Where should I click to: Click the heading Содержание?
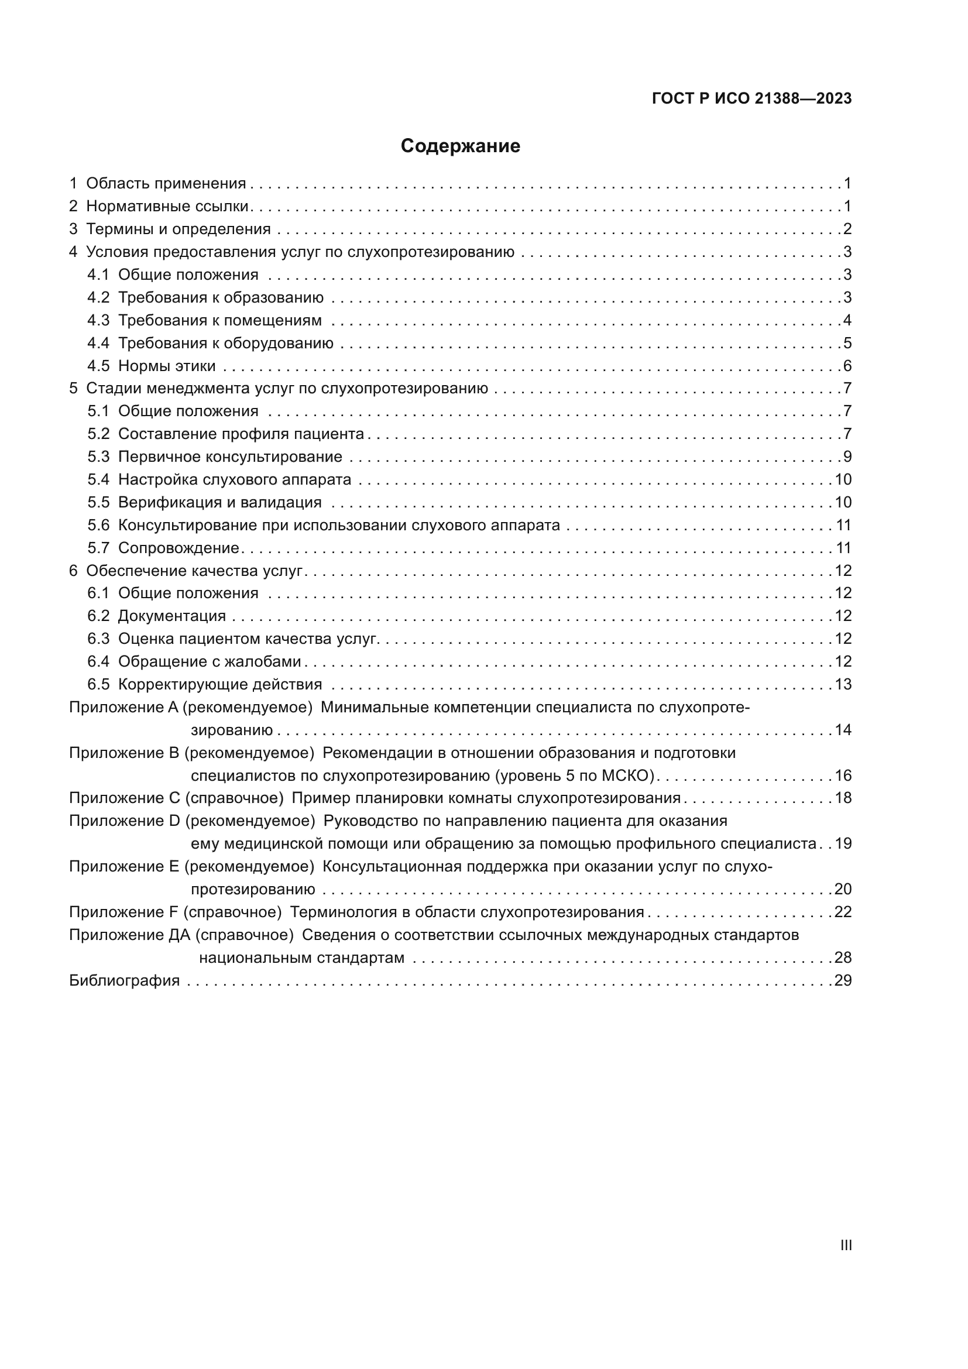point(459,146)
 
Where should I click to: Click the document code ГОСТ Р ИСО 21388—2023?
point(751,98)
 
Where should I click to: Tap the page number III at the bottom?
point(845,1245)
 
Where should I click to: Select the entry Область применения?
point(166,184)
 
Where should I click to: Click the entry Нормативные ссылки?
point(167,206)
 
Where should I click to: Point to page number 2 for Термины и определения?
point(847,229)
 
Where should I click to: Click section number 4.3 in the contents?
point(98,320)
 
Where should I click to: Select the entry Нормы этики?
point(166,365)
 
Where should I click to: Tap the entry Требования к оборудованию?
point(225,343)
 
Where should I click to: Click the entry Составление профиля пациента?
point(241,434)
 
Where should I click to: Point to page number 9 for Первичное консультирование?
point(847,457)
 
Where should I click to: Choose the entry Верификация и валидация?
point(219,502)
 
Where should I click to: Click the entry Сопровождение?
point(179,548)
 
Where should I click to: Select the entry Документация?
point(171,616)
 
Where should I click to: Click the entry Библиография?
point(124,980)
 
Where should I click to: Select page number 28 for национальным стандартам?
point(843,958)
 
